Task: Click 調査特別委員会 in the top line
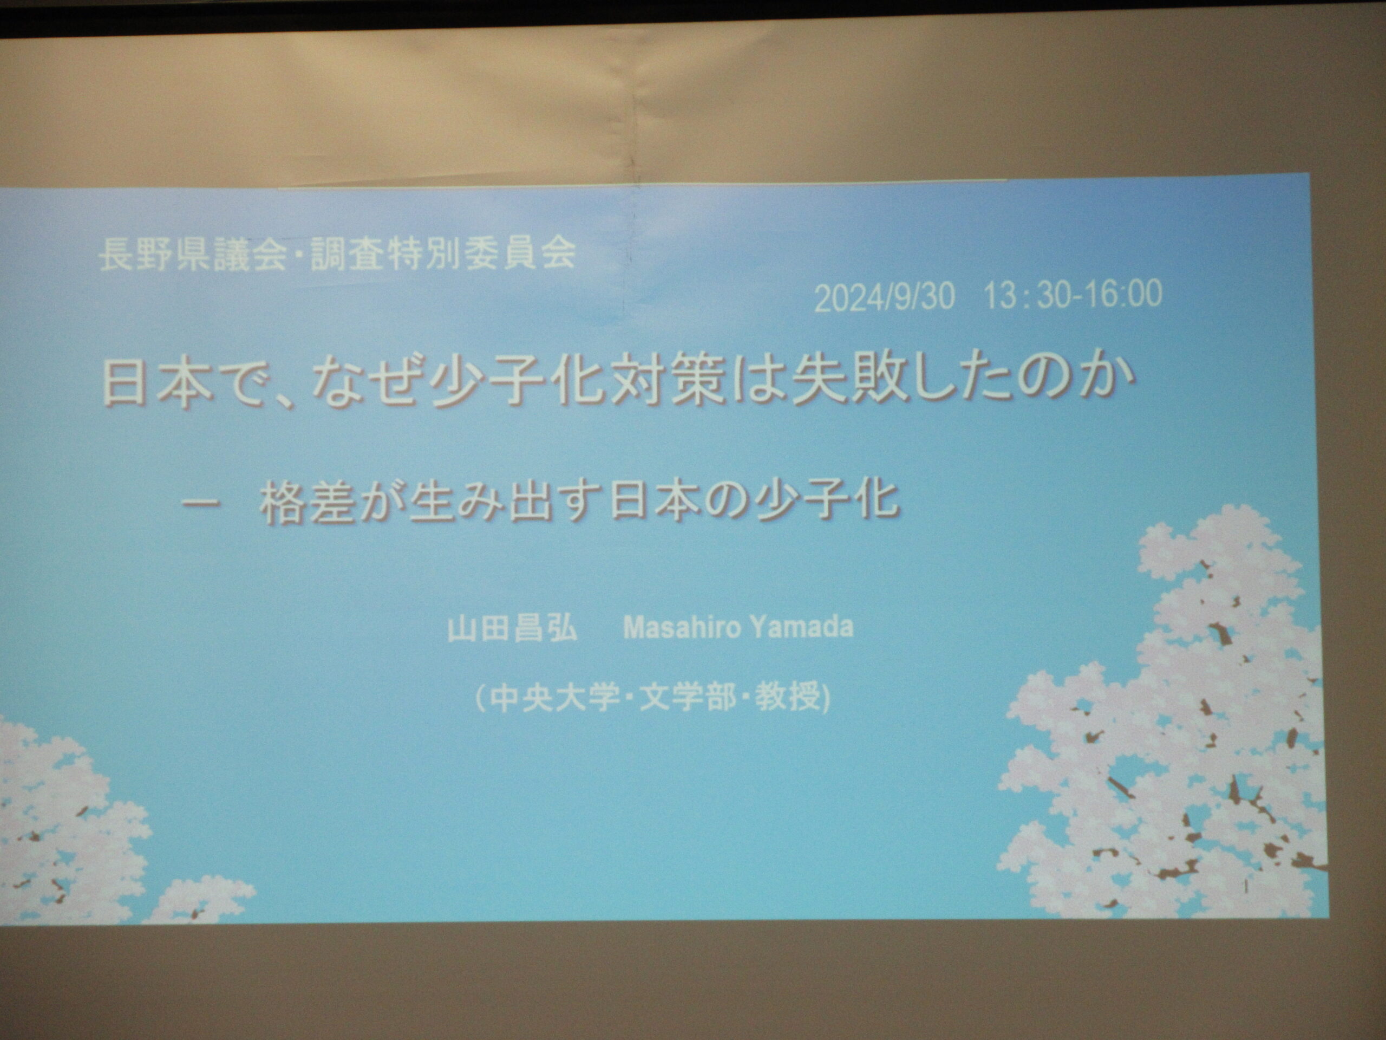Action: (443, 254)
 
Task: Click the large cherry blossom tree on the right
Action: (1166, 721)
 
